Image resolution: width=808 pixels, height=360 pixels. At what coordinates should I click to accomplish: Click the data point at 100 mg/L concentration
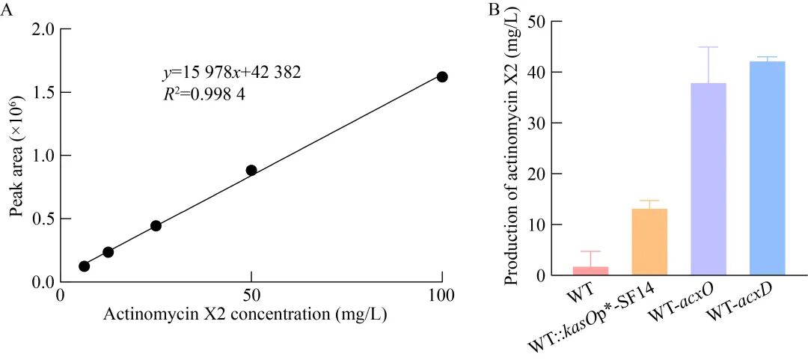point(442,77)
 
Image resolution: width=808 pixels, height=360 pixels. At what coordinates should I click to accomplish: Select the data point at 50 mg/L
point(251,170)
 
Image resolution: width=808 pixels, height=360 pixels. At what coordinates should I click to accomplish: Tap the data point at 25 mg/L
point(156,225)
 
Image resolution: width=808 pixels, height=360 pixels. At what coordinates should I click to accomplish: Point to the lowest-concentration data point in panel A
point(84,266)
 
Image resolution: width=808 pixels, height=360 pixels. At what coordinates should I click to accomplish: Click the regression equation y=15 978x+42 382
point(232,73)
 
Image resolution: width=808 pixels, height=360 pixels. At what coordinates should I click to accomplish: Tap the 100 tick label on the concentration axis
point(442,295)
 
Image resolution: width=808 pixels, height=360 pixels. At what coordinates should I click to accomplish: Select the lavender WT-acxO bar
point(708,179)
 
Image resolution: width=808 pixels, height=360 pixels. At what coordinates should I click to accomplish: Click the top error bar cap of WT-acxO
point(708,47)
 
